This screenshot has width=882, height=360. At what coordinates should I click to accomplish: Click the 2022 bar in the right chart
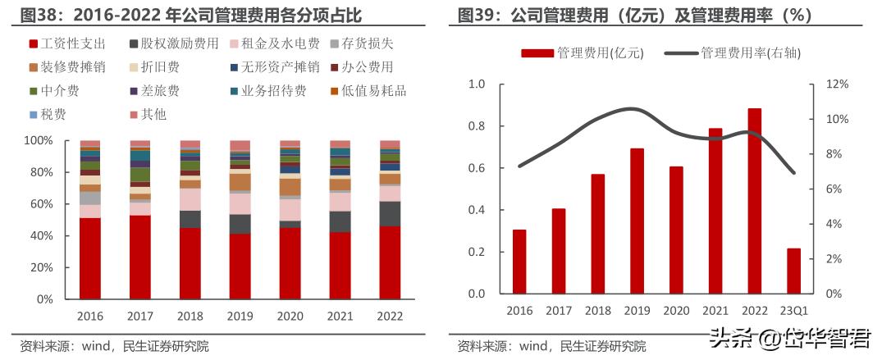[754, 201]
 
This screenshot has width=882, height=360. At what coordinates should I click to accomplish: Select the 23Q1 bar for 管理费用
[793, 271]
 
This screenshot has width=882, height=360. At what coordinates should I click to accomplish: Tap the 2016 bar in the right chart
[519, 261]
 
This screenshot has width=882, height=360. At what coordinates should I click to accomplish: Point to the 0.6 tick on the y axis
[476, 168]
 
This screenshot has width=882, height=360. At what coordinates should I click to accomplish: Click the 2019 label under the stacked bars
[240, 316]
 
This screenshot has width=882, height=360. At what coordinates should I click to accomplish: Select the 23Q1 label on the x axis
[793, 310]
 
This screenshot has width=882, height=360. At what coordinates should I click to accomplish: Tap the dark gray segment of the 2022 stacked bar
[390, 213]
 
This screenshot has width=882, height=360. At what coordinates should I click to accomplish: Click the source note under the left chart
[115, 346]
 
